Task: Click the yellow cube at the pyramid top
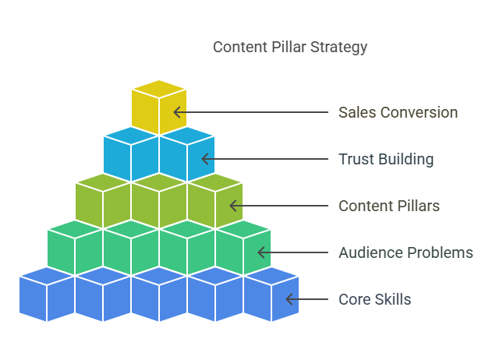click(159, 108)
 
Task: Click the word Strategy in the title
click(338, 48)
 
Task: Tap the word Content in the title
click(240, 47)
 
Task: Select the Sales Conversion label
click(398, 112)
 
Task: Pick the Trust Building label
click(386, 159)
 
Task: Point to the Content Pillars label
click(389, 206)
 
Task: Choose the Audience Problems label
click(406, 252)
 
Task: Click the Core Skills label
click(375, 299)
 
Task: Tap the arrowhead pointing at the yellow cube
click(177, 112)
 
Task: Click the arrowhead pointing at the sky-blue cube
click(205, 159)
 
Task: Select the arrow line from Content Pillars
click(278, 206)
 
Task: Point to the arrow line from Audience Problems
click(293, 252)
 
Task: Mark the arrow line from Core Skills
click(306, 299)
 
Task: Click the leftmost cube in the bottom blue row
click(47, 295)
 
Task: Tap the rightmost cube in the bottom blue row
click(271, 295)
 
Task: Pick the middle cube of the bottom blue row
click(159, 295)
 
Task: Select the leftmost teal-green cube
click(75, 248)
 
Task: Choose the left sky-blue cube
click(131, 154)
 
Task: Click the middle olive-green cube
click(159, 201)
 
